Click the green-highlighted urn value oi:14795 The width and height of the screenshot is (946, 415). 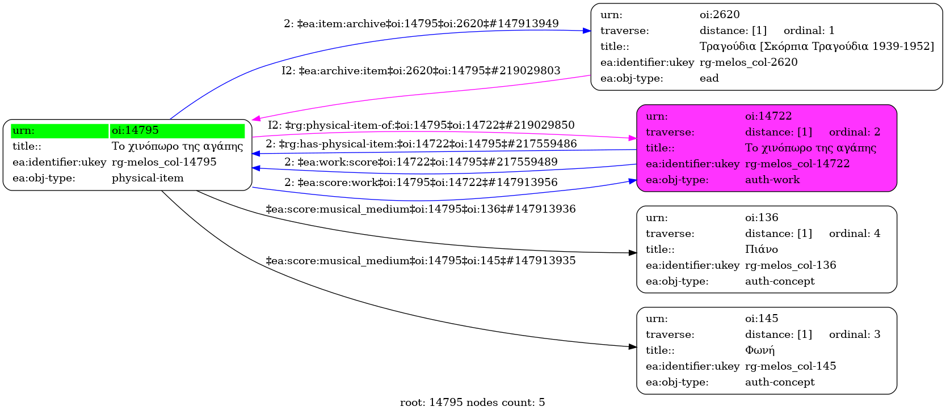click(x=135, y=130)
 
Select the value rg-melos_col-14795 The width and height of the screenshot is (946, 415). click(x=164, y=162)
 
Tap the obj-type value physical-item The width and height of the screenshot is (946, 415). click(x=148, y=178)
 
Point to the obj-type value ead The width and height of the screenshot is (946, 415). click(x=709, y=78)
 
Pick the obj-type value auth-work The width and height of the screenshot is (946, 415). click(x=772, y=180)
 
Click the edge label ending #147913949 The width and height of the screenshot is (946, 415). click(x=421, y=24)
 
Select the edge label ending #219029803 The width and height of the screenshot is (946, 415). click(x=421, y=71)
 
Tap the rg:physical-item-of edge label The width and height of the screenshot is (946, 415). click(x=421, y=125)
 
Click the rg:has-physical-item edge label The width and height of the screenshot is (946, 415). click(x=421, y=144)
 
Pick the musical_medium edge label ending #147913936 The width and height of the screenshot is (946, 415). click(x=421, y=209)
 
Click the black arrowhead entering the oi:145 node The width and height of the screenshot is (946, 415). click(x=633, y=346)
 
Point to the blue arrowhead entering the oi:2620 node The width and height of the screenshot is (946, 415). click(x=587, y=31)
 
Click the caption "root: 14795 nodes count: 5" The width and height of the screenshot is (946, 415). click(x=473, y=403)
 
